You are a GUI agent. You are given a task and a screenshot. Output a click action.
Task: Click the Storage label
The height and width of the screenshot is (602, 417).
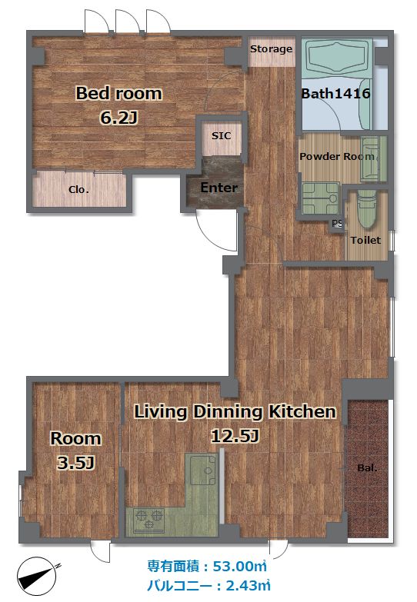(271, 49)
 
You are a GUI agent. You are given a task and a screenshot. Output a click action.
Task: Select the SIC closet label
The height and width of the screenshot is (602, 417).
(222, 135)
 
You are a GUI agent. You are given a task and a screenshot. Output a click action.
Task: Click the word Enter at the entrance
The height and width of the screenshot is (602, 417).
(219, 188)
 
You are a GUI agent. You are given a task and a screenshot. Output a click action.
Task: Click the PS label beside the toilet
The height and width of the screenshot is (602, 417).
(337, 223)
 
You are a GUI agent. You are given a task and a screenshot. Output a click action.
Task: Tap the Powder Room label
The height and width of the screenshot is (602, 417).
(337, 156)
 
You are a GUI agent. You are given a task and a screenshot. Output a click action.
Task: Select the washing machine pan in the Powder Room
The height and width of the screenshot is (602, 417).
(320, 198)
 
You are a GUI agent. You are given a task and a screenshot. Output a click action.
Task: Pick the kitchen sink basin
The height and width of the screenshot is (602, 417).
(203, 471)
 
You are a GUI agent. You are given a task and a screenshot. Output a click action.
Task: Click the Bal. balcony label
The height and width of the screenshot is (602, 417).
(367, 468)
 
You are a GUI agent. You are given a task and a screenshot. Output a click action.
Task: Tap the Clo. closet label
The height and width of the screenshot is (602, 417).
(78, 189)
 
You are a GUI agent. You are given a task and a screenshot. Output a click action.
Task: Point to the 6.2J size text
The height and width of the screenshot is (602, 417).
(118, 117)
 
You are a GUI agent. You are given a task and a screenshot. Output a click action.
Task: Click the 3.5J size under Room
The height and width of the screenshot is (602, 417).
(75, 463)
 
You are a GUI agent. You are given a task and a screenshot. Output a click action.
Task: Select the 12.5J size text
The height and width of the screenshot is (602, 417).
(235, 436)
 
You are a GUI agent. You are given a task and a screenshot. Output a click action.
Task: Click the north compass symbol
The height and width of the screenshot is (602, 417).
(37, 576)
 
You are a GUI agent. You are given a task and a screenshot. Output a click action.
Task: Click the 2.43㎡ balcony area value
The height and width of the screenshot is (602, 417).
(248, 586)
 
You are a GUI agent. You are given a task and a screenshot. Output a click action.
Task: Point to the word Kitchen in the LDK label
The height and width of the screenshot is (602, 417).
(302, 411)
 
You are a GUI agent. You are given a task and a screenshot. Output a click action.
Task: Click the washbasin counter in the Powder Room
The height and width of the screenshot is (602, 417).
(373, 159)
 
